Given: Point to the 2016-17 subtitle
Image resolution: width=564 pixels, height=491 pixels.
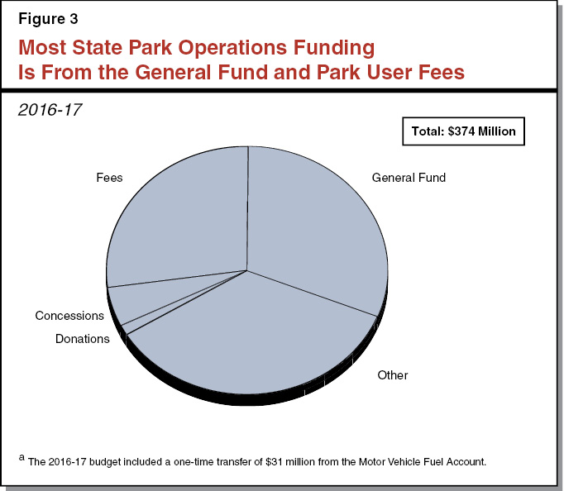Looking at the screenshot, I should (50, 109).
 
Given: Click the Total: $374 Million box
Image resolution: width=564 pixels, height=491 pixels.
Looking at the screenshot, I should (464, 131).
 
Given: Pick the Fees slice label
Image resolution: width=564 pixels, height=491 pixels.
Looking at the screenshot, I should (109, 177).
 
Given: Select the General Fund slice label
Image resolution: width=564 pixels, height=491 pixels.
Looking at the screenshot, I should (409, 178).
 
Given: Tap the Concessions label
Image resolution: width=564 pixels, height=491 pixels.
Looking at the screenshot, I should (69, 316).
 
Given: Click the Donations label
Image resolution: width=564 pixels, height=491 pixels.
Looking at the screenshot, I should (82, 339).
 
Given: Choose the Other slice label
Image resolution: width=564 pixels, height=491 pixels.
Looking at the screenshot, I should (393, 375).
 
